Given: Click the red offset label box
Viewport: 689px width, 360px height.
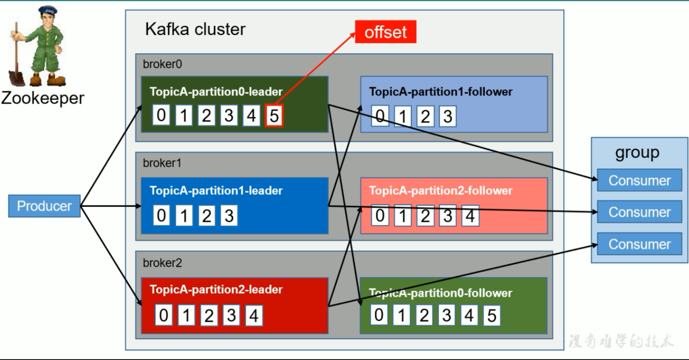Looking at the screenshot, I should click(x=385, y=32).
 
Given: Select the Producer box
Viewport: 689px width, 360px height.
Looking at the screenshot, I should click(x=44, y=206).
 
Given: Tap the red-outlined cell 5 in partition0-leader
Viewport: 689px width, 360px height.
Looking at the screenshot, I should click(x=274, y=115).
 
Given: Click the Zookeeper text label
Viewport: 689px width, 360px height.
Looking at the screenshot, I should click(x=43, y=98).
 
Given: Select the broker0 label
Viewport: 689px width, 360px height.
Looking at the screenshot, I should click(x=162, y=64).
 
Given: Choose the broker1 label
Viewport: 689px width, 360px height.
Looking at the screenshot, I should click(x=162, y=163).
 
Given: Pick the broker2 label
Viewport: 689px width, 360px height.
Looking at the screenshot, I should click(x=162, y=263).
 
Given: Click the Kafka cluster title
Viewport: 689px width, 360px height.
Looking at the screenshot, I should click(x=195, y=29).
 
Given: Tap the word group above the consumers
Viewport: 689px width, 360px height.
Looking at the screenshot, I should click(x=637, y=153).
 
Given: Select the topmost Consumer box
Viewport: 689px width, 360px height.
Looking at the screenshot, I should click(x=639, y=180).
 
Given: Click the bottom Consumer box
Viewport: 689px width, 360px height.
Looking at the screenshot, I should click(x=639, y=244).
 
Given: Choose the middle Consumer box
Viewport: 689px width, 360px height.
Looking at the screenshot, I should click(x=639, y=212).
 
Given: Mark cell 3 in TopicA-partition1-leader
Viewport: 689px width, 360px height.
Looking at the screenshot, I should click(x=229, y=215).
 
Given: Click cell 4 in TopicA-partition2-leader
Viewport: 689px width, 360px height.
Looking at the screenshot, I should click(x=254, y=315).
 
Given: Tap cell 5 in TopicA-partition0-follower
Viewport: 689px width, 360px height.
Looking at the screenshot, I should click(x=491, y=315).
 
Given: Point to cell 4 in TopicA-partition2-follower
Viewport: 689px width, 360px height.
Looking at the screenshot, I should click(x=470, y=216).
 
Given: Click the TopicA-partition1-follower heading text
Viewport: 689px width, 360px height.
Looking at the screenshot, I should click(x=441, y=92).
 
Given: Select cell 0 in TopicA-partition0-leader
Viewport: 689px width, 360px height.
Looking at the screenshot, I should click(x=161, y=115).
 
